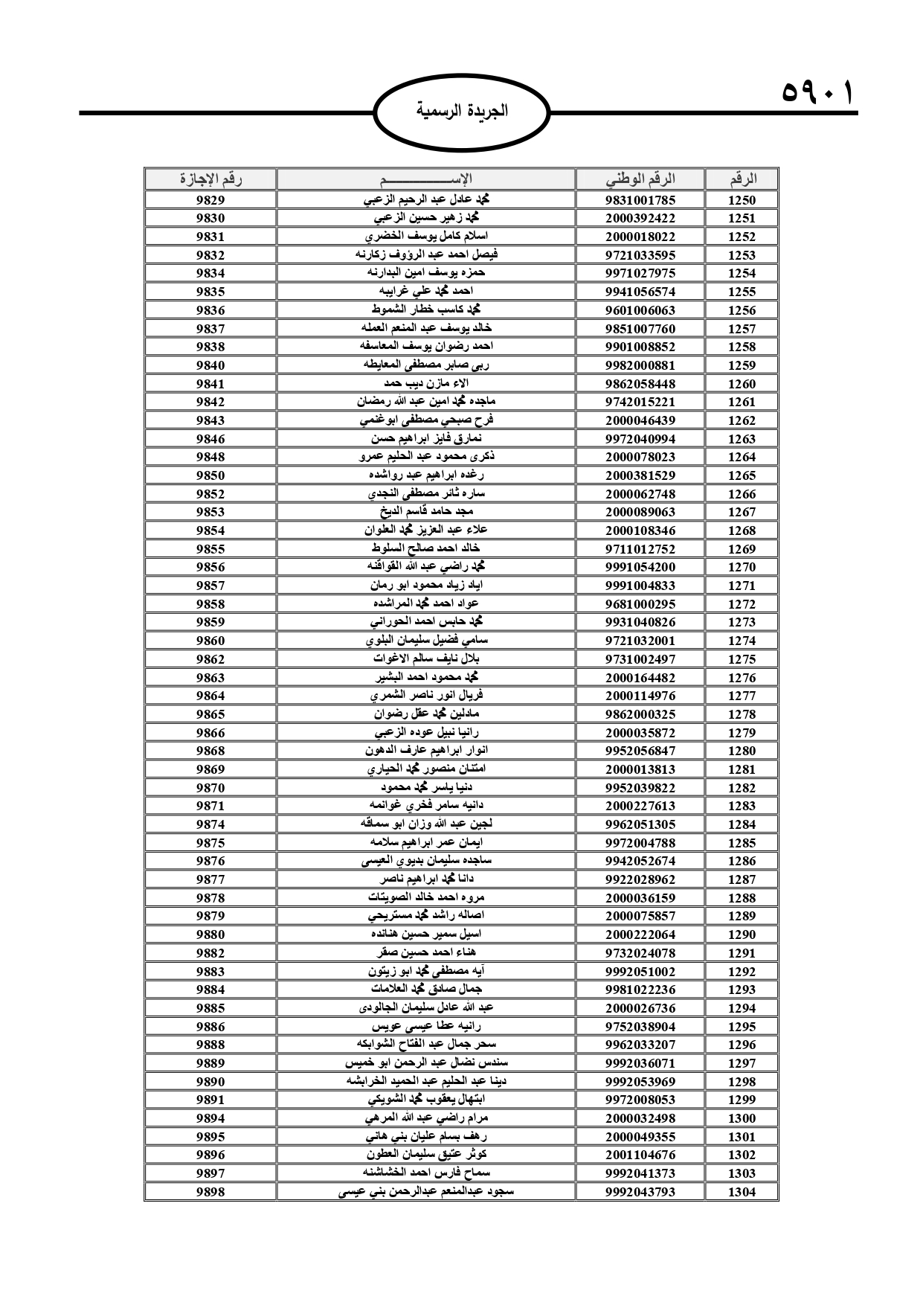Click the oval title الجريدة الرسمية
tap(462, 112)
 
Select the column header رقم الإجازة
tap(210, 179)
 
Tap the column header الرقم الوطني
tap(640, 179)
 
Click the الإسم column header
tap(426, 179)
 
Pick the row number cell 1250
tap(742, 200)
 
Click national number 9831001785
tap(640, 200)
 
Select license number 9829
tap(210, 200)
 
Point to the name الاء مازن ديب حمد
tap(426, 383)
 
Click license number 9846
tap(210, 439)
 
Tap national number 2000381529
tap(640, 475)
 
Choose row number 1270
tap(742, 567)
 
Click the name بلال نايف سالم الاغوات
tap(426, 659)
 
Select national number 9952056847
tap(640, 751)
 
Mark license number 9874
tap(210, 824)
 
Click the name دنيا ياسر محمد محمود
tap(426, 787)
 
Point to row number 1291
tap(742, 953)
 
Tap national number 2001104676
tap(640, 1155)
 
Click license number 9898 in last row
tap(210, 1192)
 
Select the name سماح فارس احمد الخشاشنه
tap(426, 1173)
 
